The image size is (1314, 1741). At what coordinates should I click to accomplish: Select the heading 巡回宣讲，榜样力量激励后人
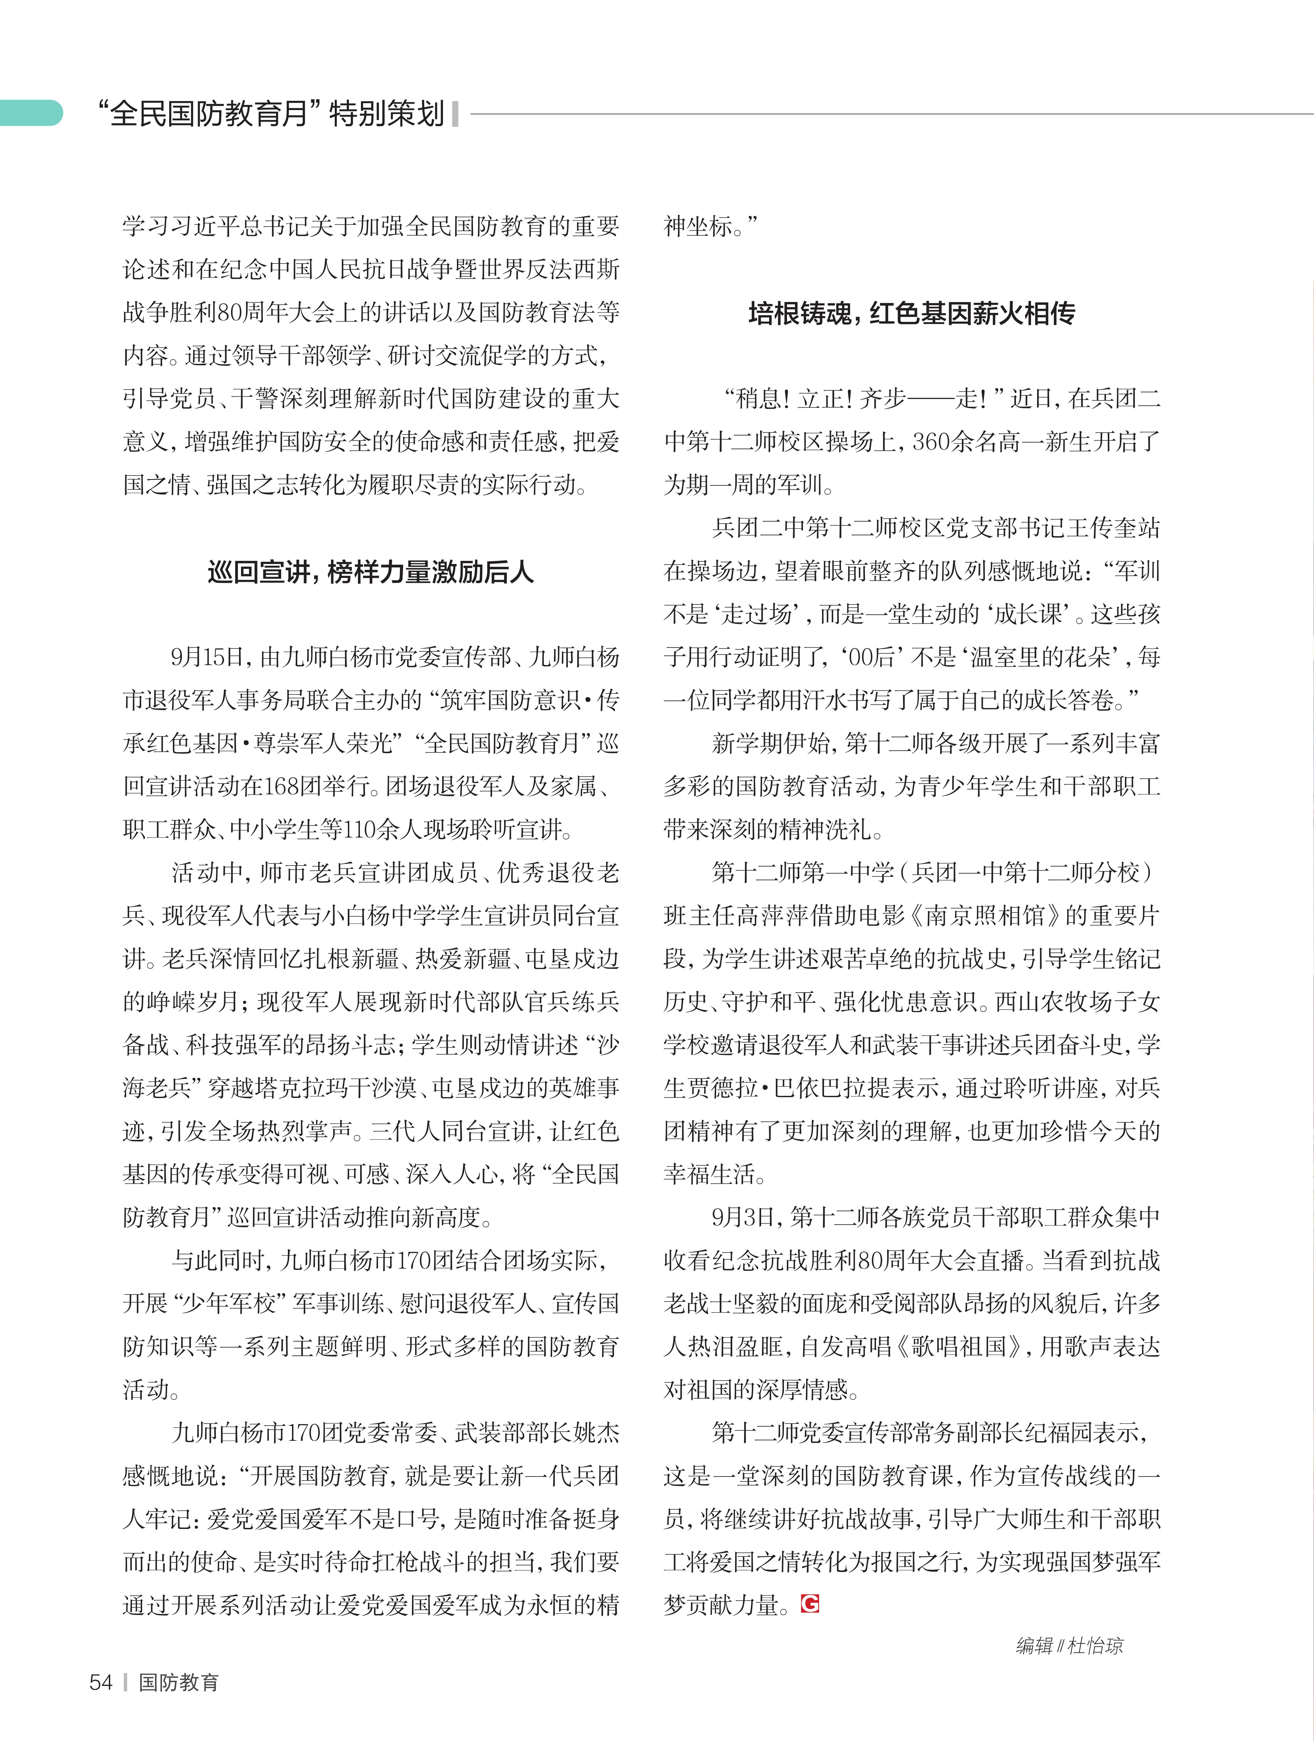pyautogui.click(x=370, y=572)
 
